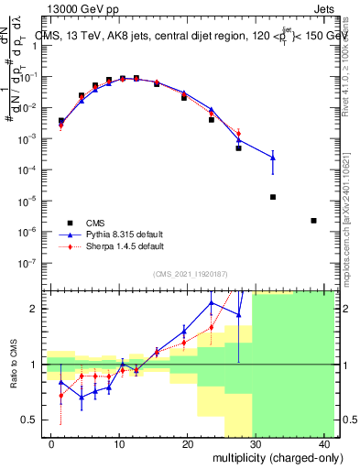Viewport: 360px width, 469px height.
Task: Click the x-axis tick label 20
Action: (187, 444)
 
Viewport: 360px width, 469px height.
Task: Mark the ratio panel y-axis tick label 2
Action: (35, 309)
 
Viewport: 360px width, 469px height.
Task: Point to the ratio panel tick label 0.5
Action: (31, 420)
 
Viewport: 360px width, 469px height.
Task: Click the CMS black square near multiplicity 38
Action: (313, 220)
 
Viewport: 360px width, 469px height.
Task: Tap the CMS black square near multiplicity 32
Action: (273, 197)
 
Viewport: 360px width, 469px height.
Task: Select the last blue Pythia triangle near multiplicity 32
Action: (273, 158)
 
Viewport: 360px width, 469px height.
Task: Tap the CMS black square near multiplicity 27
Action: (238, 147)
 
